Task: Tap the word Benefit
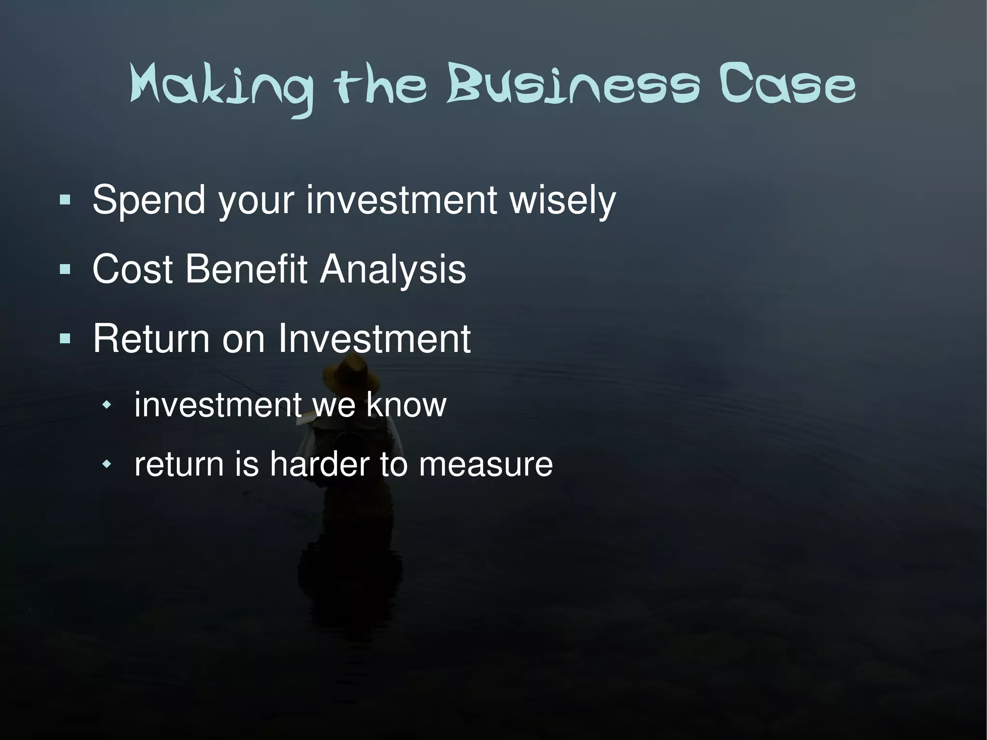[x=246, y=269]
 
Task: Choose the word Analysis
[x=393, y=269]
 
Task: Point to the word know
[x=406, y=405]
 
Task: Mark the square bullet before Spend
[x=65, y=200]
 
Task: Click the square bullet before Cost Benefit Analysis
[x=65, y=269]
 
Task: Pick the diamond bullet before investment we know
[x=107, y=405]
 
